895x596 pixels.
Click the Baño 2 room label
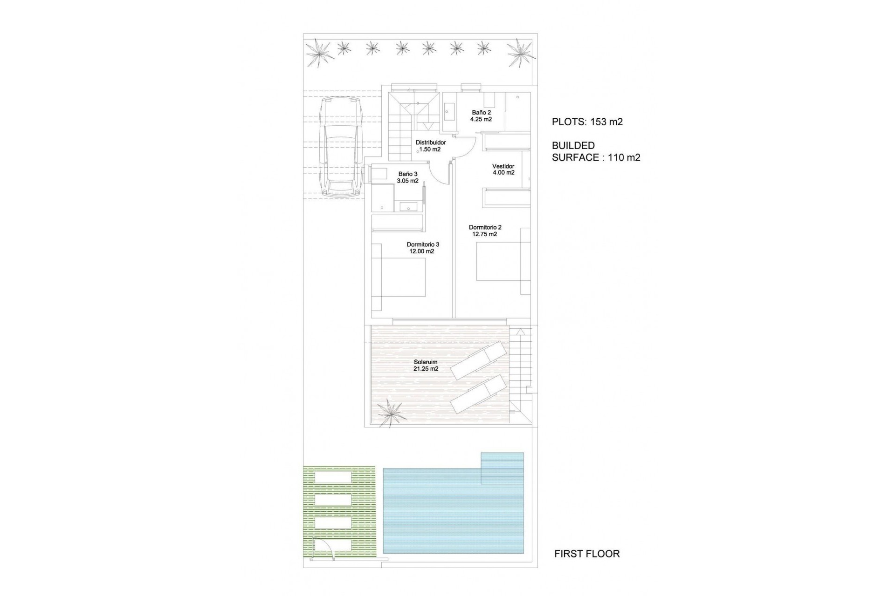click(x=481, y=113)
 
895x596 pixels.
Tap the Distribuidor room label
click(x=431, y=142)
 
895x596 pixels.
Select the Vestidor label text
click(x=503, y=166)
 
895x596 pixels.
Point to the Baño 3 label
click(x=408, y=174)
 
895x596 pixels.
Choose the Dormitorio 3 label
click(x=423, y=244)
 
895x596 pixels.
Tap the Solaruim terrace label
click(x=426, y=362)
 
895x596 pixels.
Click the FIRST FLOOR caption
click(x=587, y=554)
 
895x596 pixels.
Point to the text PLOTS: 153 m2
click(x=587, y=122)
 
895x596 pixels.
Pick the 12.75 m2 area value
click(x=485, y=234)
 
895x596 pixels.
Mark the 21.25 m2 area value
click(x=426, y=369)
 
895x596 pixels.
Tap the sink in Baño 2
click(x=449, y=112)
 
